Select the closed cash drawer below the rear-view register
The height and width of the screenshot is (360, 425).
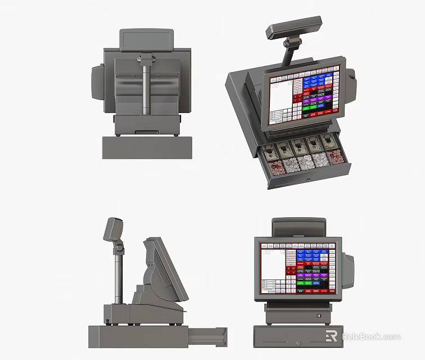[x=147, y=147]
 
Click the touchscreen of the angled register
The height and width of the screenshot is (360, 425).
[x=304, y=95]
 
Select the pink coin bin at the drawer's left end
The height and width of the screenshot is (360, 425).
[x=275, y=166]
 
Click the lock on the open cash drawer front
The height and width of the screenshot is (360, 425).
[x=309, y=180]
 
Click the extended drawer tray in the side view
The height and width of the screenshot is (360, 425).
[x=207, y=336]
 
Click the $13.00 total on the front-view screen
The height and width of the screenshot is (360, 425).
[x=272, y=291]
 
